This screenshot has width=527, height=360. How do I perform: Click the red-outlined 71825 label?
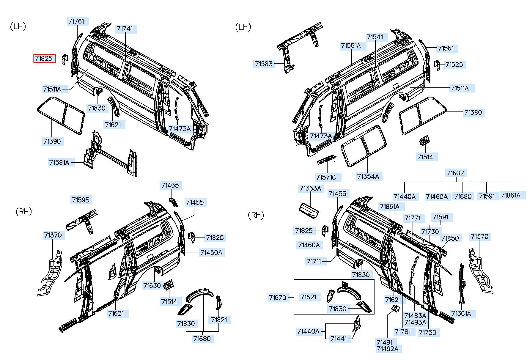[44, 59]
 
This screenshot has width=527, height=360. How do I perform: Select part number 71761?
[76, 21]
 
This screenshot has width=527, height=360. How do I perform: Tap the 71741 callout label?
[125, 29]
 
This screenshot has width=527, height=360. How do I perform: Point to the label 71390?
[52, 141]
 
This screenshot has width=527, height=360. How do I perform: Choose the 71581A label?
[59, 163]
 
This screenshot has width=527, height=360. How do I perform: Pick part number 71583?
[264, 64]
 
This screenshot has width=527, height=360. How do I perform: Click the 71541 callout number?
[375, 37]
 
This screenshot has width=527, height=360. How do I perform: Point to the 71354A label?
[368, 177]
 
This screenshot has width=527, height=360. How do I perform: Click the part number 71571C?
[326, 177]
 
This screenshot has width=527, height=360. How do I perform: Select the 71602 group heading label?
[455, 173]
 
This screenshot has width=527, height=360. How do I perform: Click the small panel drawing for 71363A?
[309, 211]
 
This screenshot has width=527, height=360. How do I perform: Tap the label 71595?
[81, 200]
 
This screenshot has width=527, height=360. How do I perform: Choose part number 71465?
[170, 185]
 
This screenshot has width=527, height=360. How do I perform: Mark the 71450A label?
[211, 253]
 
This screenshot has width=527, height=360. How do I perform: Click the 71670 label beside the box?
[277, 298]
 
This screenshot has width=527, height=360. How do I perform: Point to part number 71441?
[339, 339]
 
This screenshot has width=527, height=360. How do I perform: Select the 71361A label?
[461, 314]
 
